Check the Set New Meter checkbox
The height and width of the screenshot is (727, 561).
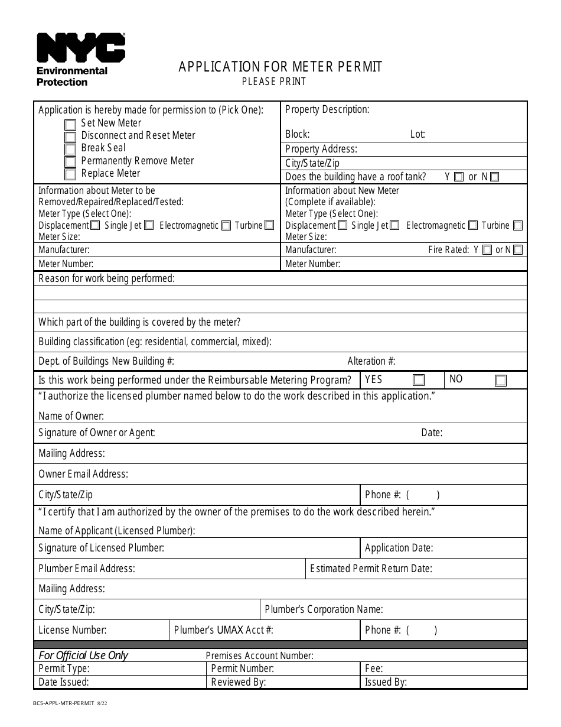pos(70,125)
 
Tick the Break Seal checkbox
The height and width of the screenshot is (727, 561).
pos(70,150)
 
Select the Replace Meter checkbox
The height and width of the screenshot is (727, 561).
pos(70,174)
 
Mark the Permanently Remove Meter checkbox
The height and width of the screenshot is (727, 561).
pos(70,162)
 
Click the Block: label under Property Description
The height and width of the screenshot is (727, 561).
pos(297,134)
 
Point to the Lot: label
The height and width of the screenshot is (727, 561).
pos(418,134)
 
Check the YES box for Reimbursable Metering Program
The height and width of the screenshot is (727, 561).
pos(418,380)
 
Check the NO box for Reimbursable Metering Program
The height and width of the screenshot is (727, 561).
pos(500,381)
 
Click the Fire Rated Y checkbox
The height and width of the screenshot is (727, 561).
pos(487,250)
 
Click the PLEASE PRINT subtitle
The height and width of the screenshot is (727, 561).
pos(274,82)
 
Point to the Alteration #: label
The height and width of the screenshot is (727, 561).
pos(371,361)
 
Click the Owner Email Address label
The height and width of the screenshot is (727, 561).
pos(83,474)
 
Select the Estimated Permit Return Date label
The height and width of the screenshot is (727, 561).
pos(371,569)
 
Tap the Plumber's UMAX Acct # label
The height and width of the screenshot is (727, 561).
pos(223,630)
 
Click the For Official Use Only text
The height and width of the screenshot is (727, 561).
pos(83,655)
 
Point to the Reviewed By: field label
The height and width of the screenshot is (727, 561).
pos(238,682)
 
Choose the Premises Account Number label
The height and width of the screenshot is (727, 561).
pos(259,655)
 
